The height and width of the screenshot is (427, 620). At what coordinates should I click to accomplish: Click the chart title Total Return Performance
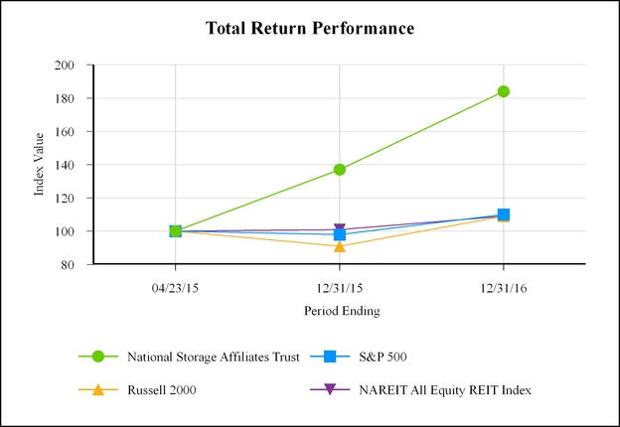click(x=309, y=28)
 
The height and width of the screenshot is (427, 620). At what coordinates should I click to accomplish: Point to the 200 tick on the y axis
click(x=66, y=66)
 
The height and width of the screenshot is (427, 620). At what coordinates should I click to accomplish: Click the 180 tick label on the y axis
click(x=66, y=98)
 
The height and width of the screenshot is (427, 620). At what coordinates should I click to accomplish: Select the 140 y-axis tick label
click(x=66, y=165)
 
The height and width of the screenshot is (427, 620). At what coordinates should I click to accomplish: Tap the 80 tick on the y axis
click(x=69, y=265)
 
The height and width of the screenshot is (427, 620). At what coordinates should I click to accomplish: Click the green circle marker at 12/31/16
click(x=504, y=91)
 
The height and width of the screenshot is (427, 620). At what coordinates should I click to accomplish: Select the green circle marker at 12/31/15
click(x=340, y=170)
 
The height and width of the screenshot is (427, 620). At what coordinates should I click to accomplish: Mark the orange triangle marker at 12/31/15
click(x=340, y=246)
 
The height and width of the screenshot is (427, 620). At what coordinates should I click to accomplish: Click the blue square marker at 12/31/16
click(x=504, y=214)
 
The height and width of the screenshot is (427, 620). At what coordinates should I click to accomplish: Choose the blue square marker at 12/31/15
click(x=340, y=235)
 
